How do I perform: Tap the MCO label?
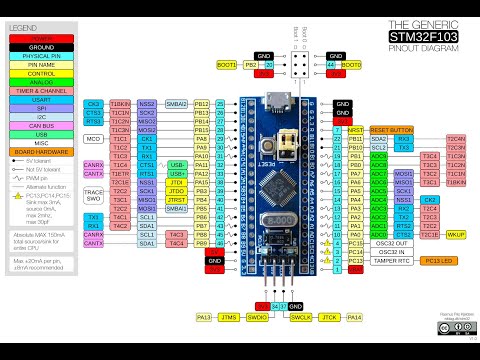pyautogui.click(x=94, y=139)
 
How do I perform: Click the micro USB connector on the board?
pyautogui.click(x=274, y=101)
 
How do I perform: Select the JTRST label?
pyautogui.click(x=176, y=200)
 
